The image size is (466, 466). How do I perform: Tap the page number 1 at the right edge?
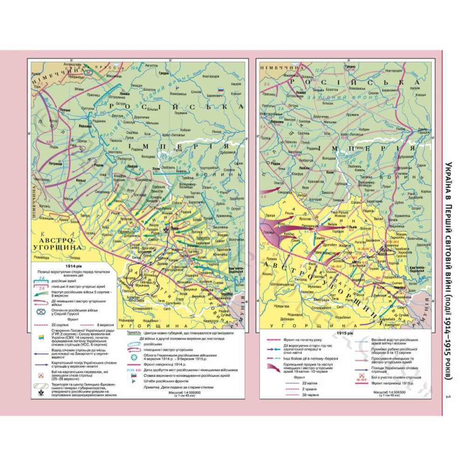(x=448, y=397)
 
